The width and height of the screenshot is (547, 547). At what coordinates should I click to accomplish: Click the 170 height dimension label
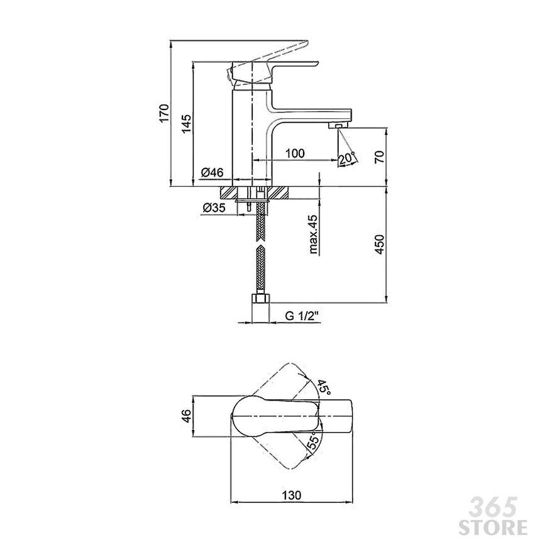coord(164,113)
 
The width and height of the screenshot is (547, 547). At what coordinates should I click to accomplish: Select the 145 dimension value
coord(186,123)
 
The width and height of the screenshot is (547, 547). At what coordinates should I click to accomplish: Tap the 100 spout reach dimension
coord(295,153)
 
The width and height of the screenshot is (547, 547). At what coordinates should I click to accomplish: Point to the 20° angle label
coord(346,158)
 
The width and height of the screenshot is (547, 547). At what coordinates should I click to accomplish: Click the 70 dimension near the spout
coord(380,157)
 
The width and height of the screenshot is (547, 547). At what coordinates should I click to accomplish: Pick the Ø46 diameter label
coord(212,172)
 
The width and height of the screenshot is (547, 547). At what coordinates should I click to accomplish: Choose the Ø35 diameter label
coord(214,207)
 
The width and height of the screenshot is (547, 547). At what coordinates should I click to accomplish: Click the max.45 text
coord(313,234)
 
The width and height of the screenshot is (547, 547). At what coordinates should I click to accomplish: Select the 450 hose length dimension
coord(380,244)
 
